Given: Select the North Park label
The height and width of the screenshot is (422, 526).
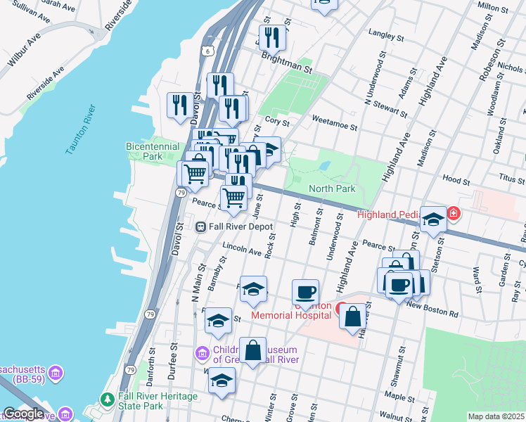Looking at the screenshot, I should (331, 188).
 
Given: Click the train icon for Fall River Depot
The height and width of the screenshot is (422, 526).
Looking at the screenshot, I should (200, 226).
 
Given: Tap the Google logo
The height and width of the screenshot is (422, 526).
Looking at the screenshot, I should (23, 414).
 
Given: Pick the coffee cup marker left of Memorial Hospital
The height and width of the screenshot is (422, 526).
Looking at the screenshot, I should (305, 291).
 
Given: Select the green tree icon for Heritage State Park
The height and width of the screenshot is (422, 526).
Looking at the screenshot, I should (107, 399).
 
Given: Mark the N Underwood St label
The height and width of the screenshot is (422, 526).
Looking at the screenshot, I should (373, 83).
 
